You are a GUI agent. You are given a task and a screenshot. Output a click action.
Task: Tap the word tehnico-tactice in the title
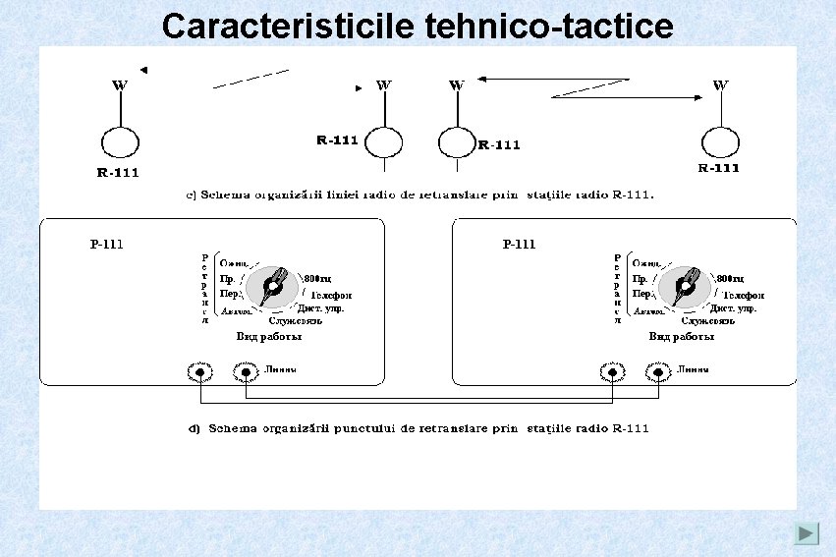click(550, 26)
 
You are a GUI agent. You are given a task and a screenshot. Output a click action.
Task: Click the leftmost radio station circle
click(119, 143)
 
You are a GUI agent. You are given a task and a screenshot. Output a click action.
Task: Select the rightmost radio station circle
click(721, 142)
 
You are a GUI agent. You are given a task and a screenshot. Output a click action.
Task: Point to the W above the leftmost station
click(119, 85)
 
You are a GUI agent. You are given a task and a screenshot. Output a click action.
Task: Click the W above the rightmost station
click(721, 85)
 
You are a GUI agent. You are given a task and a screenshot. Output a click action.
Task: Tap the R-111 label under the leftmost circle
click(117, 173)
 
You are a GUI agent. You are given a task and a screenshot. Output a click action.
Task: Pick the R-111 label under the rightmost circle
click(718, 168)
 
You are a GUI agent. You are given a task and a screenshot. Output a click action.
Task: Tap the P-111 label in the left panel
click(106, 244)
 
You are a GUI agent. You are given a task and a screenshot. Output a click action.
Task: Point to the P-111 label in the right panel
click(519, 244)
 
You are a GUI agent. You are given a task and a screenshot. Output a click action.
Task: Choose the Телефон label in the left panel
click(331, 295)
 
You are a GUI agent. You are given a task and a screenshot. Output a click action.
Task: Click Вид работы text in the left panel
click(268, 336)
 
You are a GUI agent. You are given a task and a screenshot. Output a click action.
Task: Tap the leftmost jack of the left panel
click(199, 372)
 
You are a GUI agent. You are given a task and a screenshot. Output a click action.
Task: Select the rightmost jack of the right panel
click(657, 372)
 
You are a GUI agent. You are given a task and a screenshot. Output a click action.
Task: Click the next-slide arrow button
click(807, 533)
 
